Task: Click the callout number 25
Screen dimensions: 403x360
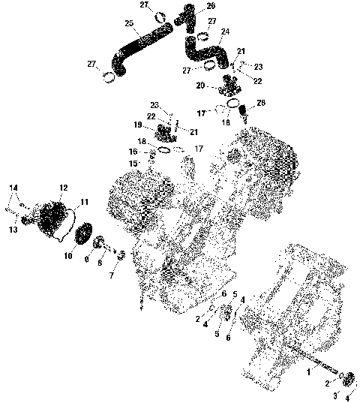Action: pos(129,23)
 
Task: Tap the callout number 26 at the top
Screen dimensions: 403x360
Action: pos(190,5)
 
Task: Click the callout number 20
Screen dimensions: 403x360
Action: pos(201,85)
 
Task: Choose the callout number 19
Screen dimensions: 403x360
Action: pos(138,125)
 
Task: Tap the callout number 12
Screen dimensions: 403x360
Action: pos(64,188)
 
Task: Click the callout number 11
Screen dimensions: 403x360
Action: pos(84,201)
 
